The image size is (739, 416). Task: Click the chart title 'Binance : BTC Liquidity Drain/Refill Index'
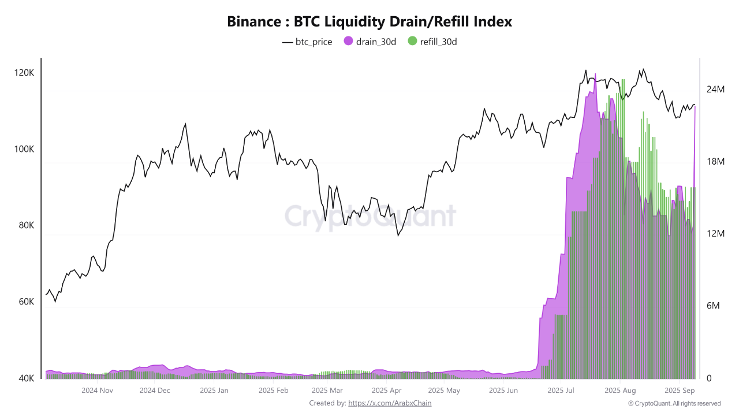tap(369, 22)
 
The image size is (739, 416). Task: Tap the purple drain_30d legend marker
tap(348, 41)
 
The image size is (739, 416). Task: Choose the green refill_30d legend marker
tap(412, 41)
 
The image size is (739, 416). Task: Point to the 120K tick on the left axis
tap(24, 73)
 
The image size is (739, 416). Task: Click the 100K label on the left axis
tap(24, 149)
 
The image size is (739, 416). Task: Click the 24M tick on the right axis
tap(715, 90)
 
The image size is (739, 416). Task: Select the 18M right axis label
tap(715, 162)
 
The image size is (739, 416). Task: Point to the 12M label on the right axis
tap(715, 233)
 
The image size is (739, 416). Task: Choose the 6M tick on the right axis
tap(714, 306)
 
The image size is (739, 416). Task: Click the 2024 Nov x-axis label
tap(97, 391)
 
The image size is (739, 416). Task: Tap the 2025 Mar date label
tap(327, 391)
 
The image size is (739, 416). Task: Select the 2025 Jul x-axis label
tap(562, 391)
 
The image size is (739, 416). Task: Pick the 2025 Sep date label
tap(680, 391)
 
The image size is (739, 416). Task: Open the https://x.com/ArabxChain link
tap(390, 403)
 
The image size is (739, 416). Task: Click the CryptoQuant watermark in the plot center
tap(369, 216)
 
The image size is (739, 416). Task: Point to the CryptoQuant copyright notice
tap(674, 403)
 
